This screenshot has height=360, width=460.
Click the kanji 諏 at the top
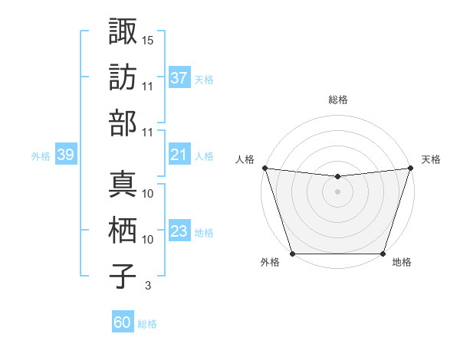123,31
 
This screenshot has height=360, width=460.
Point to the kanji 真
123,185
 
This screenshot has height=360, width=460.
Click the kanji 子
123,277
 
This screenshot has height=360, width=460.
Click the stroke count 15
148,40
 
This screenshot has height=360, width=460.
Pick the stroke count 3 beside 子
147,286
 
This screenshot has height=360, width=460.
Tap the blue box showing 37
179,77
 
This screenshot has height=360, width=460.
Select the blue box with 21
179,155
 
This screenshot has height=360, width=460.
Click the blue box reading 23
179,232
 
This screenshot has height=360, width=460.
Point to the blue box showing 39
65,155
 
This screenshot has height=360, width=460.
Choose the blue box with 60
123,322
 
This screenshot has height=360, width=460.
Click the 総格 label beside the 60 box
147,324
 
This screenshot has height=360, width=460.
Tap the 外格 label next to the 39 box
40,156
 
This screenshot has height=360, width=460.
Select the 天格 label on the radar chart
431,159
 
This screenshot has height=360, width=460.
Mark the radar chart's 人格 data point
264,168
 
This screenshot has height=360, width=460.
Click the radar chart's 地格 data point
383,254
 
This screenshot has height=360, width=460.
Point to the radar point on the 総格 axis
337,176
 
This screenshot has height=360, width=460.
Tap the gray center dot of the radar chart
337,191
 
